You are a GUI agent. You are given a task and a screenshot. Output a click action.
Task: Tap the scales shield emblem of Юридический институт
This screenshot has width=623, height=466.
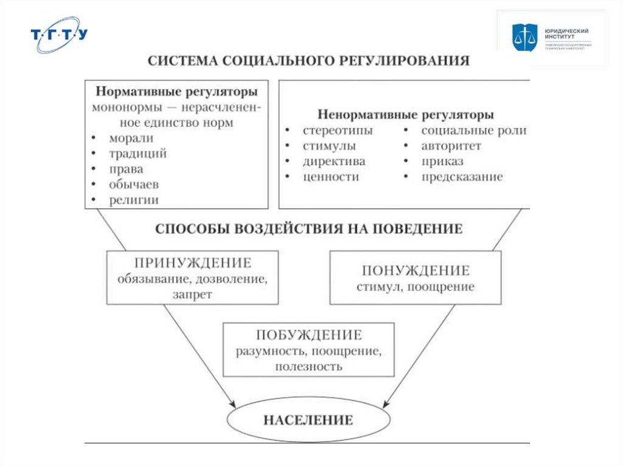coord(522,37)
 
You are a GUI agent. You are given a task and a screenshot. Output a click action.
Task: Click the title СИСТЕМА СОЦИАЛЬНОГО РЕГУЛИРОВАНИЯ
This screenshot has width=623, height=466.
coord(308,61)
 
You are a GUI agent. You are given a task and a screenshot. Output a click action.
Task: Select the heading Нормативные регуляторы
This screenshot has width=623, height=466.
coord(176,92)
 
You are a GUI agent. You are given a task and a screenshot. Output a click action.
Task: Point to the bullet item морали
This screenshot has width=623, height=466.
coord(131,139)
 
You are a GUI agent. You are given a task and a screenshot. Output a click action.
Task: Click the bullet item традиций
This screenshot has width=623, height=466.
coord(137,154)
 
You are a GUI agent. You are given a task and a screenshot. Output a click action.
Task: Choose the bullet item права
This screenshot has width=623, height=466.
coord(126,169)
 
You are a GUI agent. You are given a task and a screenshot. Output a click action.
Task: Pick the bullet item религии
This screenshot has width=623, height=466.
coord(134,199)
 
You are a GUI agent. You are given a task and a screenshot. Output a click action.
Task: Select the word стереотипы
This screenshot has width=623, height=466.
coord(338,131)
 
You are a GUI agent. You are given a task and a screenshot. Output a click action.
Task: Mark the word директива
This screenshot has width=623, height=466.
coord(334,162)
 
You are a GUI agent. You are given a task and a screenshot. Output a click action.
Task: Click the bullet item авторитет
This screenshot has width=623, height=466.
coord(451,146)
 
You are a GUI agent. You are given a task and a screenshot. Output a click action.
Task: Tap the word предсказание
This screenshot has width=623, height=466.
coord(462,177)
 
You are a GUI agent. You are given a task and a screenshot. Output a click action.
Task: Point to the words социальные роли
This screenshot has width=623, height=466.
coord(473,131)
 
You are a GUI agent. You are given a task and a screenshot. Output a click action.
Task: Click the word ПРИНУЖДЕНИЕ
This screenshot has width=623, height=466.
coord(192,263)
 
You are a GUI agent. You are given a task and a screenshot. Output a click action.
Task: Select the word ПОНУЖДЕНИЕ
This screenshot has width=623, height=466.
coord(416,270)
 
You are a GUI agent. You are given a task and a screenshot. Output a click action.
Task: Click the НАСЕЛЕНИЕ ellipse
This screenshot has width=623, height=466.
coord(308,420)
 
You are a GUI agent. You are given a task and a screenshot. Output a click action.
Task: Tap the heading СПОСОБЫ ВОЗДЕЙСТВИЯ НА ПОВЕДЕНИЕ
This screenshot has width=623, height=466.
coord(308,229)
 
